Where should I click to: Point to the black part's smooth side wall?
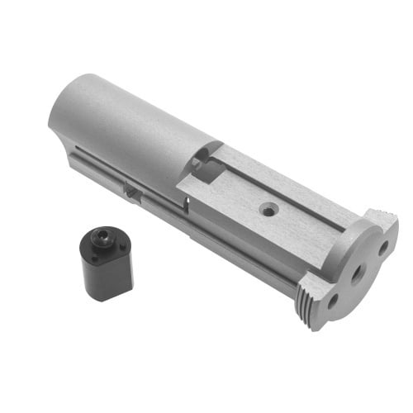pos(107,277)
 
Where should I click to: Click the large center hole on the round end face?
pos(357,273)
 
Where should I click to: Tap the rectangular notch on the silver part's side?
pos(132,189)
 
